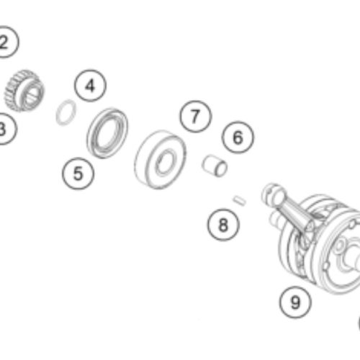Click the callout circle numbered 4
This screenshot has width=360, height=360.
[x=90, y=86]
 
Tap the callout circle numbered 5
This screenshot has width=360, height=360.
[x=78, y=174]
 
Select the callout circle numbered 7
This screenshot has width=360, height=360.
[x=196, y=117]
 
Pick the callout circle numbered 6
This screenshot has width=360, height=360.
[x=238, y=138]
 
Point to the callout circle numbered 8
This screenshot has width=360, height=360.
[x=223, y=225]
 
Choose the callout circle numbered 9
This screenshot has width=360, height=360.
[x=295, y=302]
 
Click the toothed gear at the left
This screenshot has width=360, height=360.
[x=24, y=91]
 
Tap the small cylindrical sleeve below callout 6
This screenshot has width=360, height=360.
[x=215, y=166]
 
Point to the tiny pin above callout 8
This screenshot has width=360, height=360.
[x=240, y=201]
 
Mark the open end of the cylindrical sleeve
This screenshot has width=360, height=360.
[x=221, y=168]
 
